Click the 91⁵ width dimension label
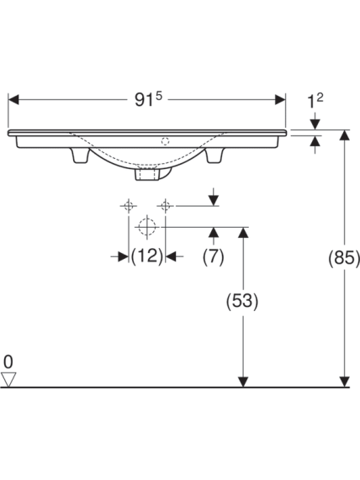[148, 99]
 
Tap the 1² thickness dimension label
[315, 101]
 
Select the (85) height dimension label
[344, 257]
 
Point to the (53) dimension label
[242, 301]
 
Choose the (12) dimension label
[146, 256]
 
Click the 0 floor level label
[8, 361]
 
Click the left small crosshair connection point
[129, 206]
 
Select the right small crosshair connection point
[165, 206]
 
